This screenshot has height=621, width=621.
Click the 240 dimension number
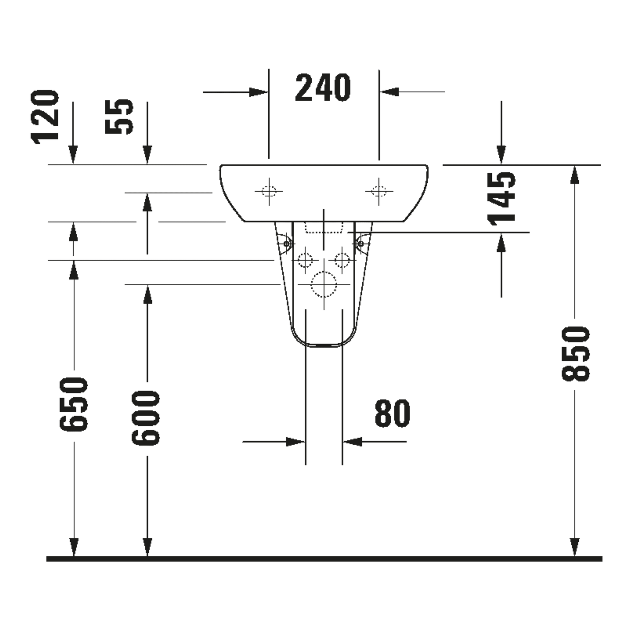pyautogui.click(x=323, y=88)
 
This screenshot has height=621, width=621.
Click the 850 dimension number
pyautogui.click(x=576, y=353)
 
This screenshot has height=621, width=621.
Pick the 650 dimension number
pyautogui.click(x=74, y=404)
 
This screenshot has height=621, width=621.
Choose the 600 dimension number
pyautogui.click(x=146, y=418)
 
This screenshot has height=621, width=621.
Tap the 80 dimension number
pyautogui.click(x=392, y=413)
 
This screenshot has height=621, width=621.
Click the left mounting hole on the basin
pyautogui.click(x=269, y=191)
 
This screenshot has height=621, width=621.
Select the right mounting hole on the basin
pyautogui.click(x=379, y=191)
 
